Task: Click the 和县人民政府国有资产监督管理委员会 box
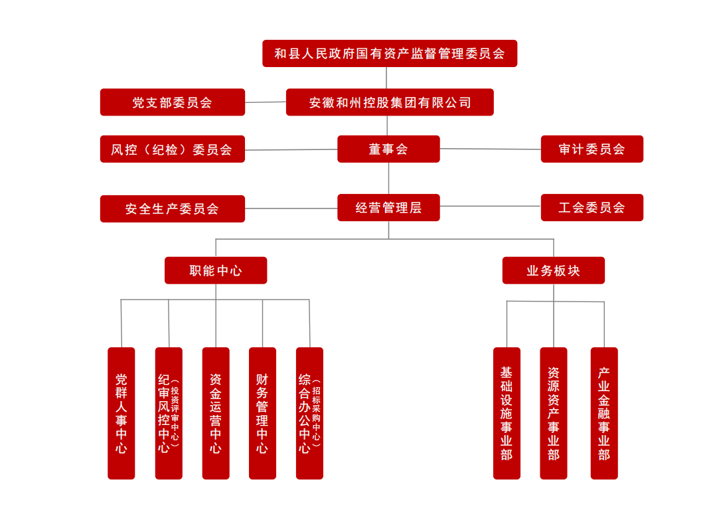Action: (x=389, y=54)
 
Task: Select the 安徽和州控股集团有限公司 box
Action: (x=390, y=102)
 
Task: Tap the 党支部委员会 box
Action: (x=172, y=102)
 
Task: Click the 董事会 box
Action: (x=388, y=149)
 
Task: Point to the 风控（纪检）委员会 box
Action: (x=172, y=149)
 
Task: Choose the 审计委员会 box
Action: (x=592, y=149)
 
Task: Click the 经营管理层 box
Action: (x=388, y=208)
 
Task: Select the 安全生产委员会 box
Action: (x=172, y=209)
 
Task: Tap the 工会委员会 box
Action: (x=592, y=208)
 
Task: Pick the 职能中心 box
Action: (x=216, y=271)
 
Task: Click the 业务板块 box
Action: (x=553, y=271)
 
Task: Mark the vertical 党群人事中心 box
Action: (x=121, y=413)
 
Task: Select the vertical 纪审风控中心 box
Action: (x=169, y=413)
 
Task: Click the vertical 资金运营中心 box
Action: (x=216, y=413)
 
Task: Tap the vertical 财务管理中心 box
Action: (x=262, y=413)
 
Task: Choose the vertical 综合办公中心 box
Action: (x=309, y=413)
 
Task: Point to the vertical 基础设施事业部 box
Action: (x=507, y=413)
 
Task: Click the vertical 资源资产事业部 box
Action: (x=553, y=413)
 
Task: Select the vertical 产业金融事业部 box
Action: (x=604, y=413)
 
